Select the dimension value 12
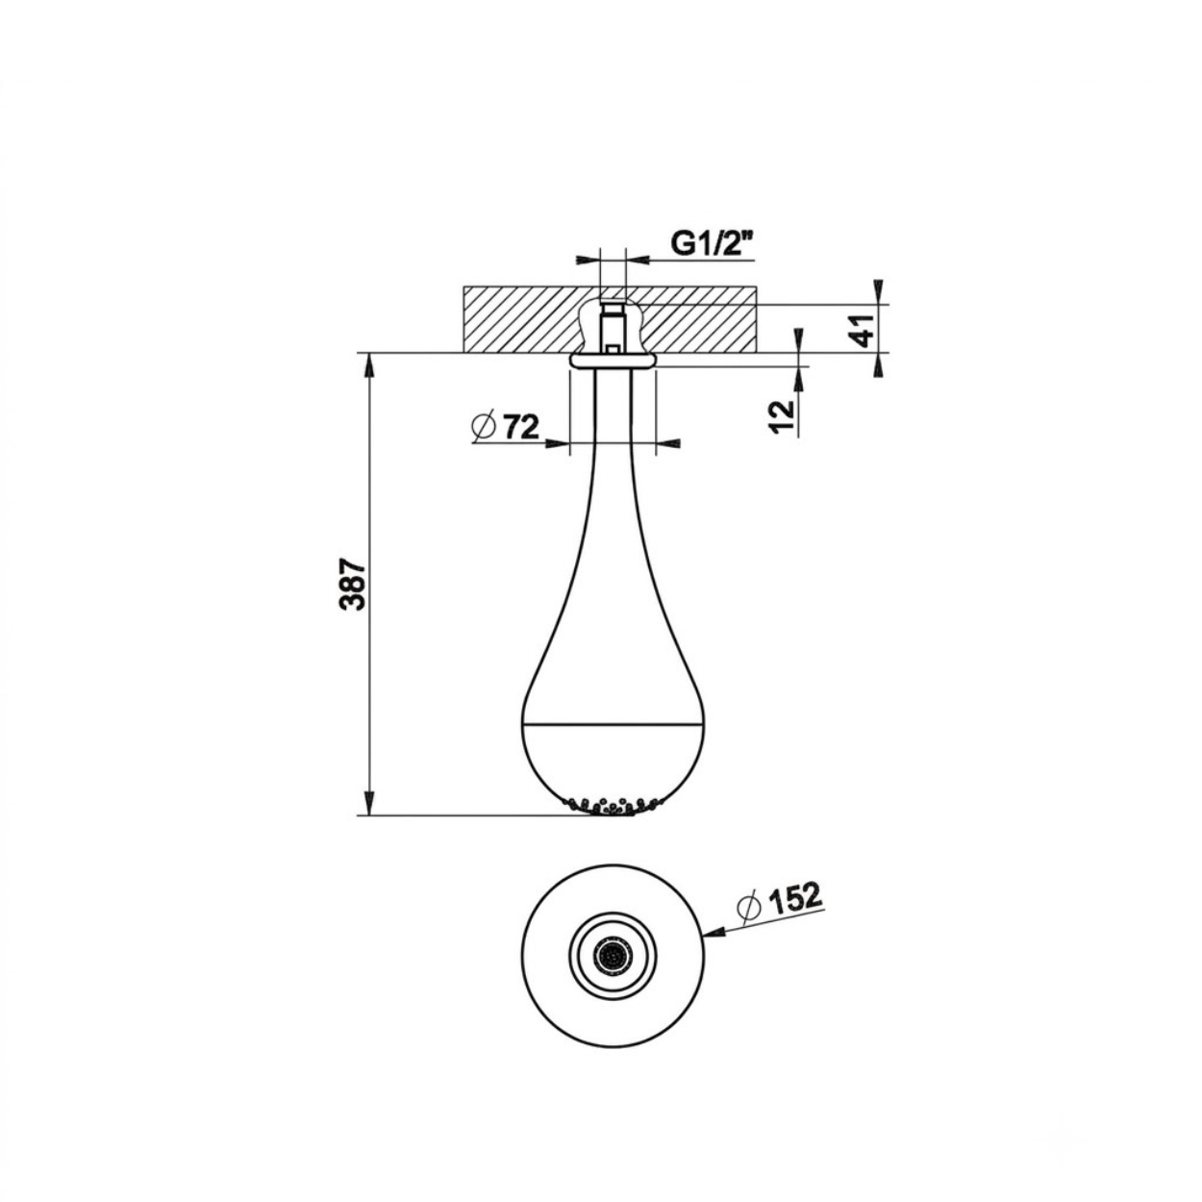coord(781,416)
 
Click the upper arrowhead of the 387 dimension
coord(369,364)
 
